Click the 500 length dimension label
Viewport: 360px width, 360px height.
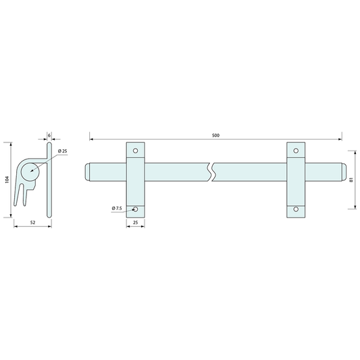215,136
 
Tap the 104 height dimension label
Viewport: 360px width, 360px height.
7,180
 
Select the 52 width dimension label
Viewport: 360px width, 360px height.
33,222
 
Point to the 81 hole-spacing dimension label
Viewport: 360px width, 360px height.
351,180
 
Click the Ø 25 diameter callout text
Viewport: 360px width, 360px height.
62,151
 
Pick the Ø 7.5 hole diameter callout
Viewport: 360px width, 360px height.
117,209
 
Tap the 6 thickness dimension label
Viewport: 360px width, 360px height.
49,136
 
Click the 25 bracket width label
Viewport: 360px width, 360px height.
136,222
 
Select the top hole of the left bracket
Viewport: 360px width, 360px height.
136,151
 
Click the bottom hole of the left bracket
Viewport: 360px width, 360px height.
136,209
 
